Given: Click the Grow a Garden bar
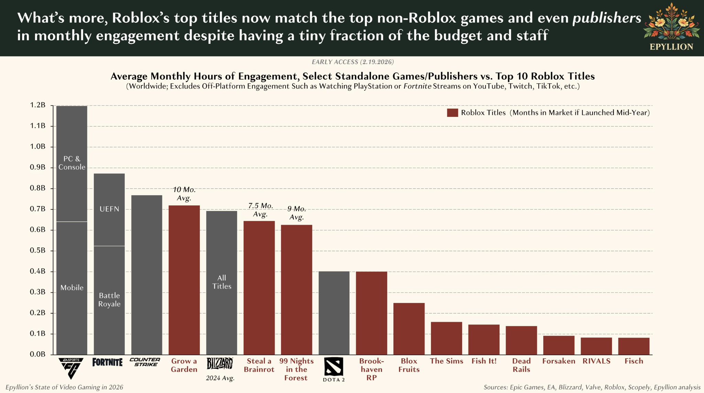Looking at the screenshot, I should point(184,280).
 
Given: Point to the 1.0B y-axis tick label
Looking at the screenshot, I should point(37,147).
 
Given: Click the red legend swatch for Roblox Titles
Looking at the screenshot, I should point(452,113).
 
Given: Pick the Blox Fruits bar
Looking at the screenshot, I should point(409,329).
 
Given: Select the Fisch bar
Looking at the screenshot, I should point(633,346).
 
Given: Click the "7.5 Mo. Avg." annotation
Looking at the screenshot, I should point(260,210).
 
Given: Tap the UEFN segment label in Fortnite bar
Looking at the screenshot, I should point(109,209).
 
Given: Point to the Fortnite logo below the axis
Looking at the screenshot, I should point(107,362).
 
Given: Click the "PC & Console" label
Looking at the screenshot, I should point(72,163).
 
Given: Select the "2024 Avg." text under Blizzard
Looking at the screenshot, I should point(220,378).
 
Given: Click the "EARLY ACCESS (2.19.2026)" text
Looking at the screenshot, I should point(353,62).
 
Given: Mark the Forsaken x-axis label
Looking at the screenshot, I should point(559,361).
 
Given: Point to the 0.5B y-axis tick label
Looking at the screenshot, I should point(37,251).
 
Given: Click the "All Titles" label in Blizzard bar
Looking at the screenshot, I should point(222,282).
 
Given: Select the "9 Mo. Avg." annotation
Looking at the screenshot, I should point(296,213).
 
